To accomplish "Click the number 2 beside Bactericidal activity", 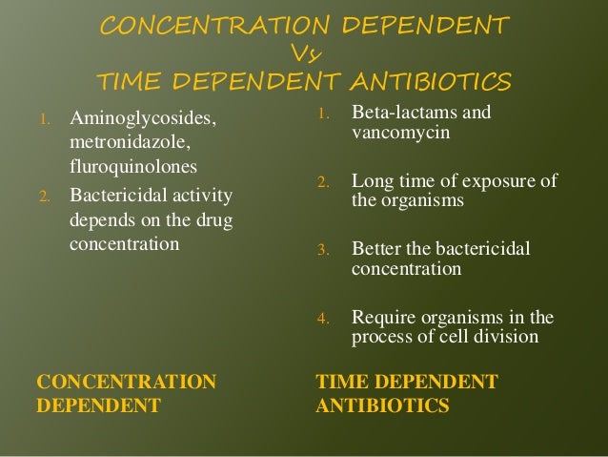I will pos(42,198).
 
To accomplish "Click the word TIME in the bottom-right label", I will pos(341,384).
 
